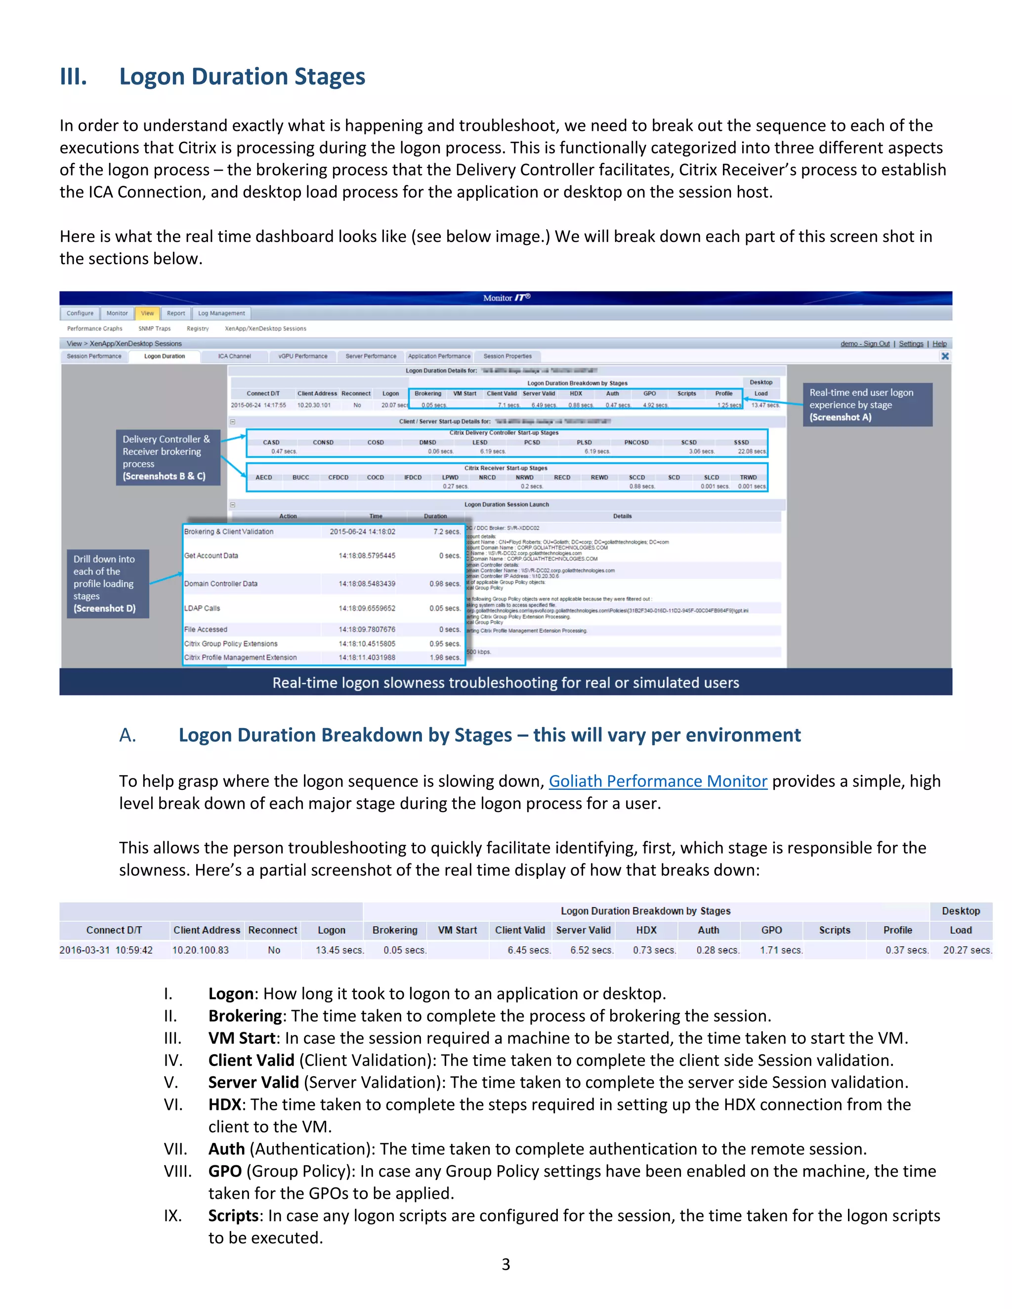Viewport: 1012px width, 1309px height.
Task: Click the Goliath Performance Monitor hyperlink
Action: pos(658,781)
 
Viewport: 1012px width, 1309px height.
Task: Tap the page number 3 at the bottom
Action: pos(506,1265)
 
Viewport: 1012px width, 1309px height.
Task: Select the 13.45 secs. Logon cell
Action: pos(339,950)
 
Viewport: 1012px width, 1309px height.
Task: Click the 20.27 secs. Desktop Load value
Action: pos(967,950)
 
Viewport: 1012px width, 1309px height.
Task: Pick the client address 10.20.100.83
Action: pos(200,950)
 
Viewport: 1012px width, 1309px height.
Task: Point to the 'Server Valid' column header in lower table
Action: pos(583,930)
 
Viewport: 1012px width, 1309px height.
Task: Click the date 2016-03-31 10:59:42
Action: pos(106,950)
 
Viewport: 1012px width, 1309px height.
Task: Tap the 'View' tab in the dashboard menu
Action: pos(147,313)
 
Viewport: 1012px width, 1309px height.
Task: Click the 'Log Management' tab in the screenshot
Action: pos(221,313)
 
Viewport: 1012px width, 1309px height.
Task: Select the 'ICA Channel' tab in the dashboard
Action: pos(234,356)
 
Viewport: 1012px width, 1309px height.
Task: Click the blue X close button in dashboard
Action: pos(945,356)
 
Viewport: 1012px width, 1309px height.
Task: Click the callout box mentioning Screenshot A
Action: pos(867,405)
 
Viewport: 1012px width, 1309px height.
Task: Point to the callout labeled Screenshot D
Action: pos(107,583)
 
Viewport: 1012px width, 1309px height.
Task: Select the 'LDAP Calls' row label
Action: pos(202,609)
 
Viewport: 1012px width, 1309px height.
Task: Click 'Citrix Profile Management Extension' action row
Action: pos(241,657)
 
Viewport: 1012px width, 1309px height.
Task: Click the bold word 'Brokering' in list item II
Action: pos(245,1016)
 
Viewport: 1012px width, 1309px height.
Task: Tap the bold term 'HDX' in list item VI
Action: pos(225,1104)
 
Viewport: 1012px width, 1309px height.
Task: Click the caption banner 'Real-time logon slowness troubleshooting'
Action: pos(506,683)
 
